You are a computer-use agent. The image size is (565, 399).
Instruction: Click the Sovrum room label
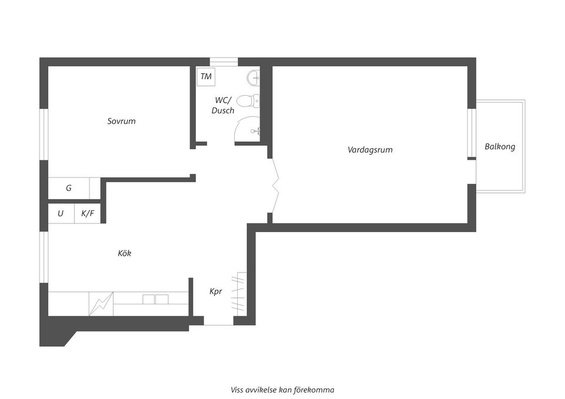[121, 122]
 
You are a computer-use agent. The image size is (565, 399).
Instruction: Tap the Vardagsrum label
[370, 150]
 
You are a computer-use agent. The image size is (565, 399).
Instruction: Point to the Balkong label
[500, 147]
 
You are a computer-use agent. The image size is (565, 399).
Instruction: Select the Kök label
[124, 253]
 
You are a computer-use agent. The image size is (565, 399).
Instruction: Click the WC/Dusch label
[223, 105]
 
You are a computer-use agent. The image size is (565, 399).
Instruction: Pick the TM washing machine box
[206, 76]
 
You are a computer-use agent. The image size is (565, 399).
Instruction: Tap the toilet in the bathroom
[248, 101]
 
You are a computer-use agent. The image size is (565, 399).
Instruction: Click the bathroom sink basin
[254, 77]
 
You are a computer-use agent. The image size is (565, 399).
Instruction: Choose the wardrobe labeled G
[69, 189]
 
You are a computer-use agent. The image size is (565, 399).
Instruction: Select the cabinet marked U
[61, 214]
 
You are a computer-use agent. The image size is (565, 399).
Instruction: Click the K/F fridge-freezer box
[87, 214]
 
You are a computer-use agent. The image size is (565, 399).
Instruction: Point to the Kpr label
[216, 291]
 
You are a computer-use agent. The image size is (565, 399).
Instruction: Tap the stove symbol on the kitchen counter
[100, 304]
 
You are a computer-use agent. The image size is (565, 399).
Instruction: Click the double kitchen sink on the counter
[156, 299]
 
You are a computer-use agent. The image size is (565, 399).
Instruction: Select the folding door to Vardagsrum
[274, 186]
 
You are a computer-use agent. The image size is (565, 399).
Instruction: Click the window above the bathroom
[224, 61]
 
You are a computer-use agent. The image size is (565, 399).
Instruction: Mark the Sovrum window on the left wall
[44, 134]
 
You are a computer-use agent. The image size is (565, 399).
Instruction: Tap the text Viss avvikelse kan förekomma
[282, 390]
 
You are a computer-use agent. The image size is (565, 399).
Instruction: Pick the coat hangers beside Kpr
[239, 293]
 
